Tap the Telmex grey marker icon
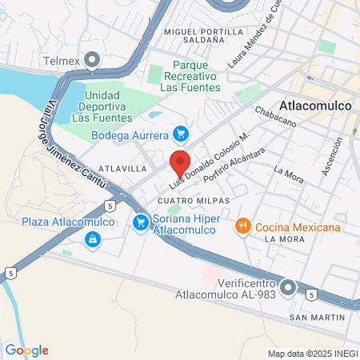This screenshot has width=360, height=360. point(94,59)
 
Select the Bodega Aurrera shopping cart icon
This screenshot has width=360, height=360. point(181,134)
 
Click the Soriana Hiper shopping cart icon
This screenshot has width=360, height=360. point(141,222)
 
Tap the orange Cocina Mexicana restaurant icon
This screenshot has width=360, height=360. point(242,227)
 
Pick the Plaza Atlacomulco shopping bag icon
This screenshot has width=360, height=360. point(94,238)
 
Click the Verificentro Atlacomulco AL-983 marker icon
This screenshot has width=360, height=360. point(289,286)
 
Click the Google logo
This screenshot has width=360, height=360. point(26,350)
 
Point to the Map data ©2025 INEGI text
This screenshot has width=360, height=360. point(312,353)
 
